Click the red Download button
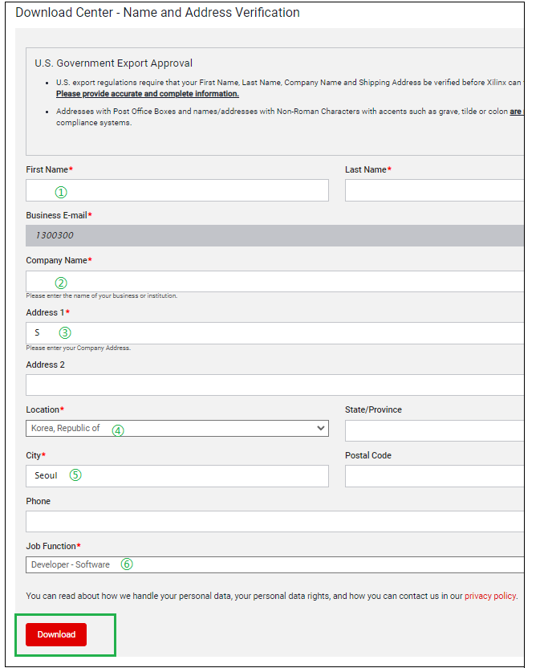click(x=56, y=634)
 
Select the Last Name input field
click(x=433, y=190)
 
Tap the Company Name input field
click(x=273, y=282)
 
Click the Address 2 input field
click(x=273, y=385)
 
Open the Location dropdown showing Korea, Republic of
click(x=177, y=429)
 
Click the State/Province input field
click(x=433, y=430)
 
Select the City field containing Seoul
click(x=177, y=476)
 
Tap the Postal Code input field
click(x=433, y=476)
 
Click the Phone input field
click(x=273, y=522)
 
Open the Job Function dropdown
click(x=273, y=564)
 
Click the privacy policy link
click(x=490, y=597)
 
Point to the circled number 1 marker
click(x=61, y=192)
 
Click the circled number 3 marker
click(x=65, y=332)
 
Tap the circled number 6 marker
click(x=127, y=564)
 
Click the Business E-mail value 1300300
click(x=55, y=236)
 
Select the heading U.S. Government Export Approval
click(x=113, y=63)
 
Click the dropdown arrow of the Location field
click(x=321, y=429)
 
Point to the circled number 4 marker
click(x=118, y=430)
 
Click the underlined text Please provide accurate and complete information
click(x=147, y=94)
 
